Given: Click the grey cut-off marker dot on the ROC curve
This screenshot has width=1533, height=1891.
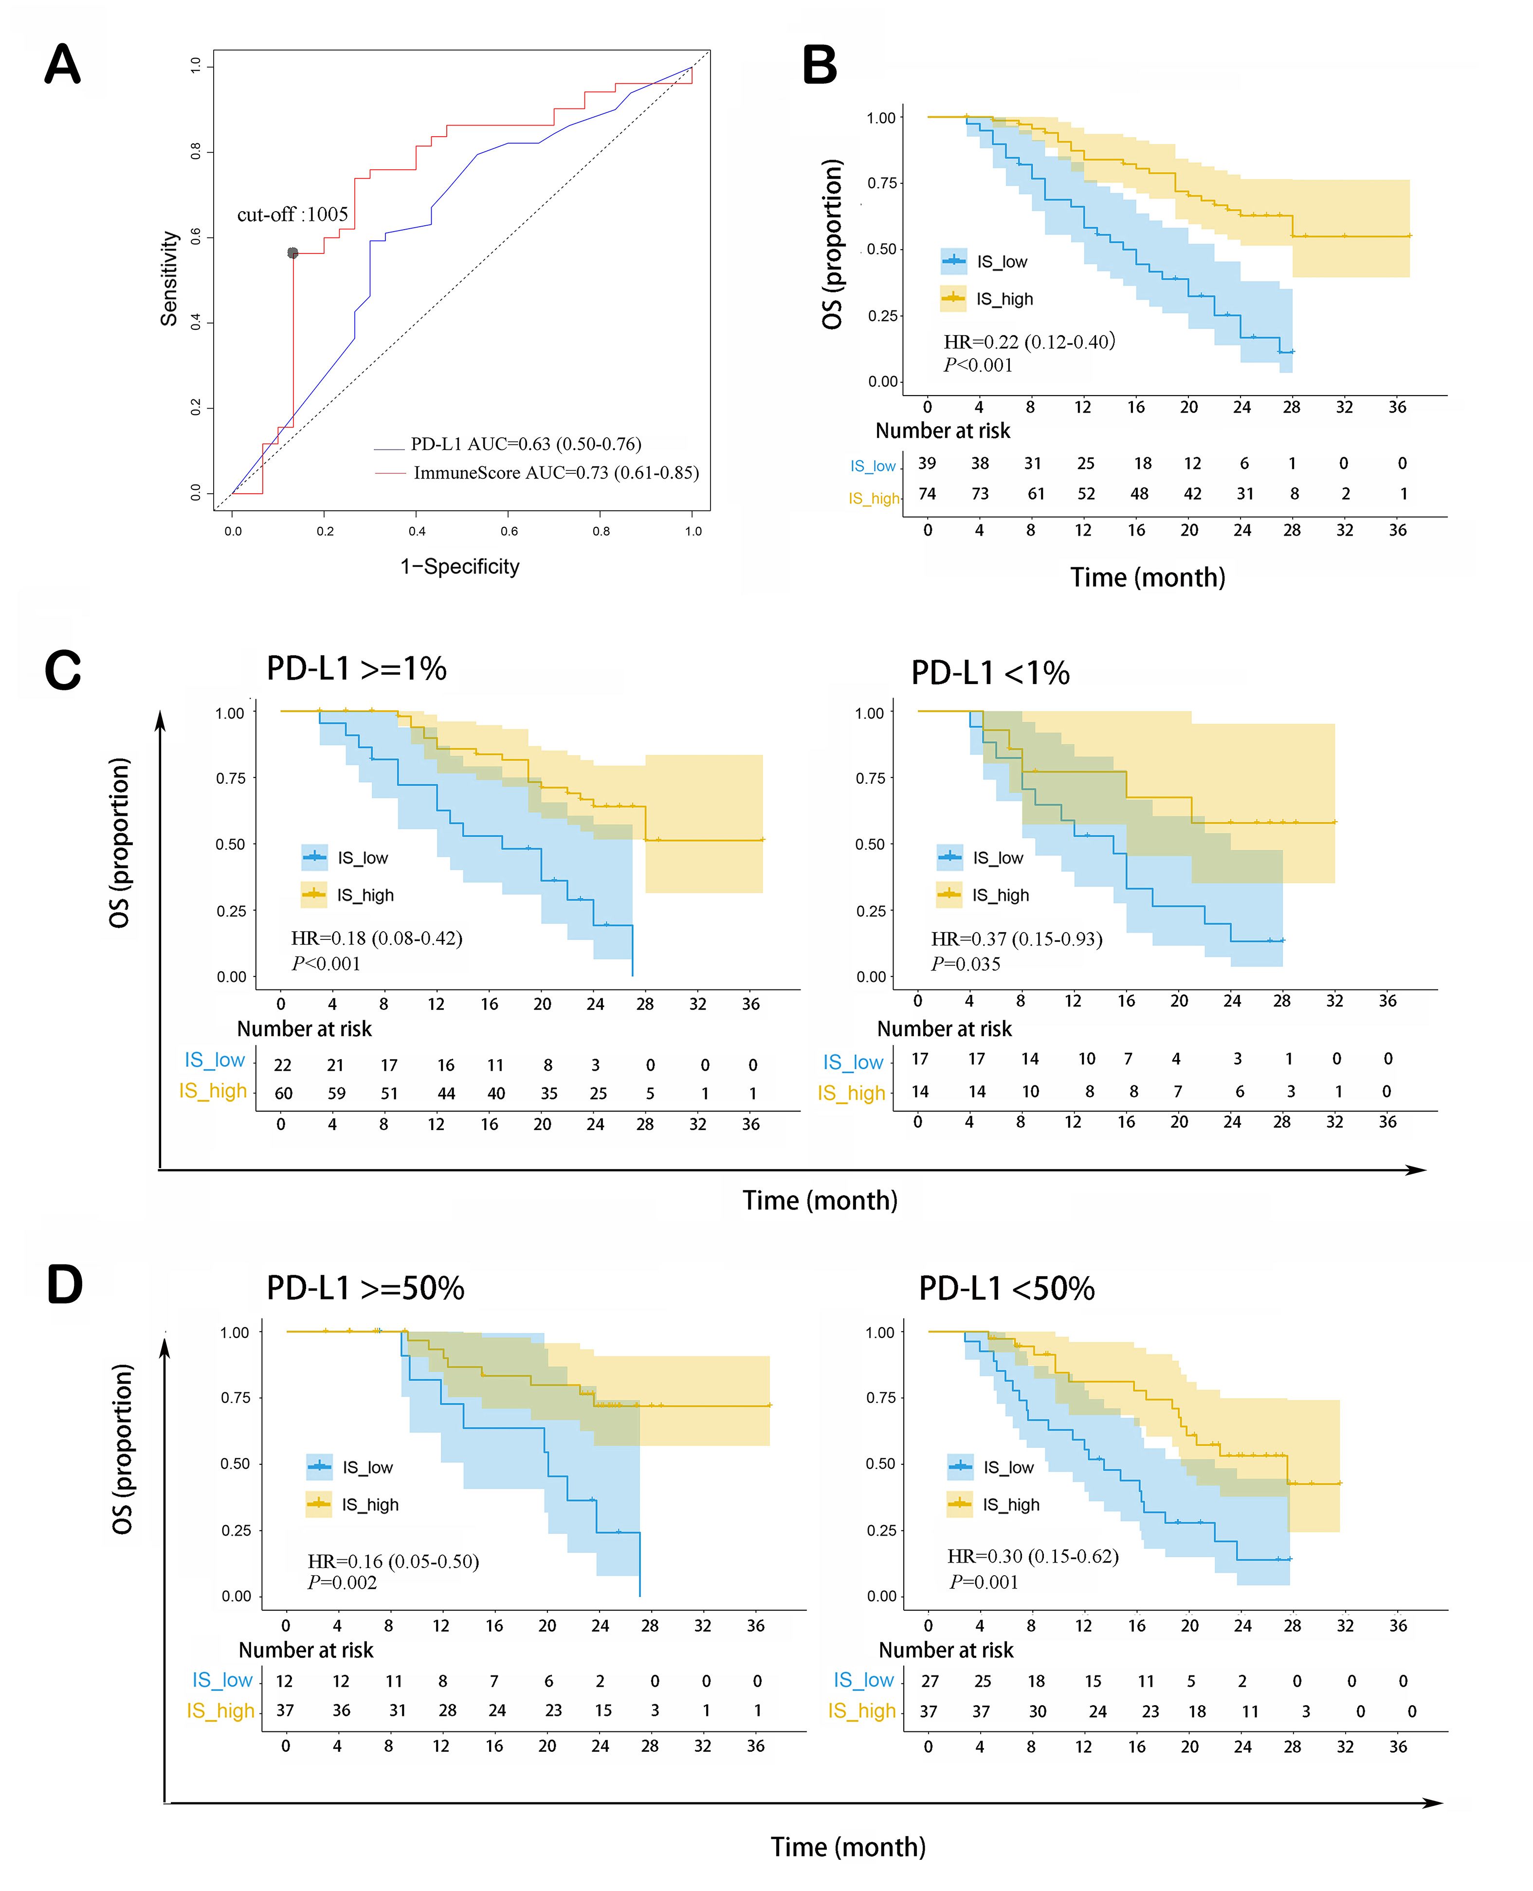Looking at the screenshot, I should [293, 253].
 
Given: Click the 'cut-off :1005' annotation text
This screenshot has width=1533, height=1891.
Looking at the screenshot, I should [292, 215].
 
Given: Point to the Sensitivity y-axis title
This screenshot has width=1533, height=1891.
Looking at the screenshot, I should [169, 279].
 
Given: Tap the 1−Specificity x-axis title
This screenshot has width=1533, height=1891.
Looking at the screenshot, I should [459, 567].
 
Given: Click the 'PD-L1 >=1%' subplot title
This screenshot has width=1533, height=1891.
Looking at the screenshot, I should [357, 668].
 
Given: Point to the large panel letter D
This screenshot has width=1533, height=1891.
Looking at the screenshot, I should [64, 1285].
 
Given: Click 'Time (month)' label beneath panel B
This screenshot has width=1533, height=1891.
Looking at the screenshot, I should [1147, 577].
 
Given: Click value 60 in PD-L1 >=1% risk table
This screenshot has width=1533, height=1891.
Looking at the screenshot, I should [283, 1094].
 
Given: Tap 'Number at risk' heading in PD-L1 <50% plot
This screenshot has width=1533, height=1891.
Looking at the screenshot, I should [946, 1650].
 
